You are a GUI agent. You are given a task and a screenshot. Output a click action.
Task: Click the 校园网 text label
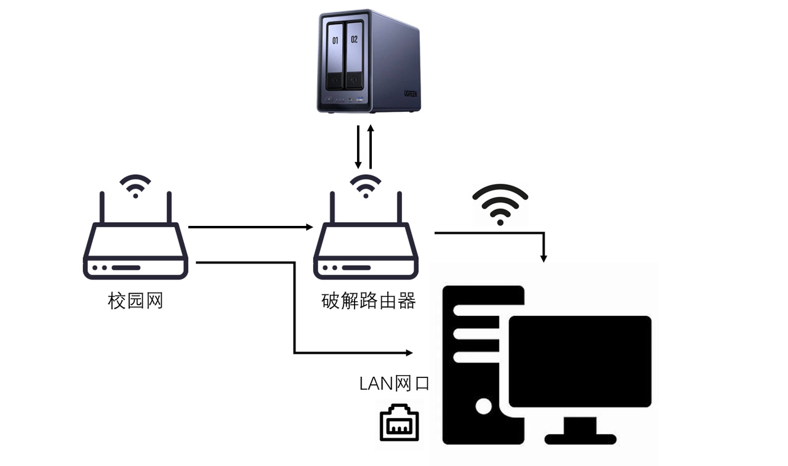pyautogui.click(x=135, y=301)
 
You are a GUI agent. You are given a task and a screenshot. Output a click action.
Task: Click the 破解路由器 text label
pyautogui.click(x=368, y=301)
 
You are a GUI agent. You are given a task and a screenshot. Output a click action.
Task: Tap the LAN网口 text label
pyautogui.click(x=394, y=384)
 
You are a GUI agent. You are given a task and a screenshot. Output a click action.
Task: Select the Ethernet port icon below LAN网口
pyautogui.click(x=399, y=422)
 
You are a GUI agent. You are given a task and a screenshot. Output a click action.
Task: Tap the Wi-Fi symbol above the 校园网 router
pyautogui.click(x=135, y=185)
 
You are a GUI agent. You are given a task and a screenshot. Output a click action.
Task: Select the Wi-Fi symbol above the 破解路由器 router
pyautogui.click(x=366, y=185)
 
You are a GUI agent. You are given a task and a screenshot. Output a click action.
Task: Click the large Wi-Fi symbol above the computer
pyautogui.click(x=500, y=204)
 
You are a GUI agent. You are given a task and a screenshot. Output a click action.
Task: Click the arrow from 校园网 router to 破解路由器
pyautogui.click(x=250, y=227)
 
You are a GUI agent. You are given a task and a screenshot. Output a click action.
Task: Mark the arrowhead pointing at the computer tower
pyautogui.click(x=408, y=353)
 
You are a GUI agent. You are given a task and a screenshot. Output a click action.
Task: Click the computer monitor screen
pyautogui.click(x=580, y=361)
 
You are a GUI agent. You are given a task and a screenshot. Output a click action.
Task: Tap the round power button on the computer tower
pyautogui.click(x=484, y=406)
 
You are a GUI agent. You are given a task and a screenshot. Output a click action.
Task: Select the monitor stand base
pyautogui.click(x=580, y=438)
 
